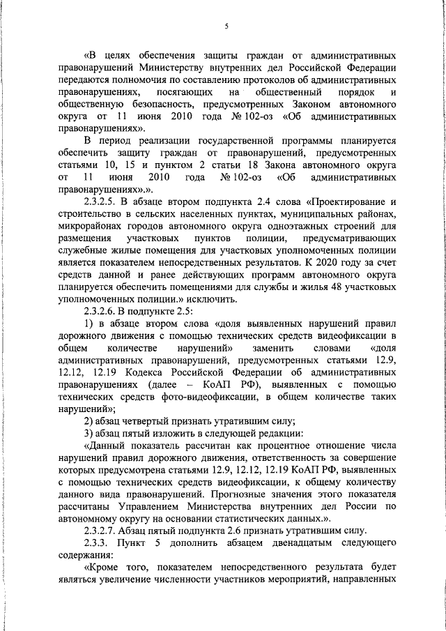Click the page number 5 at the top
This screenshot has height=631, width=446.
(226, 26)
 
